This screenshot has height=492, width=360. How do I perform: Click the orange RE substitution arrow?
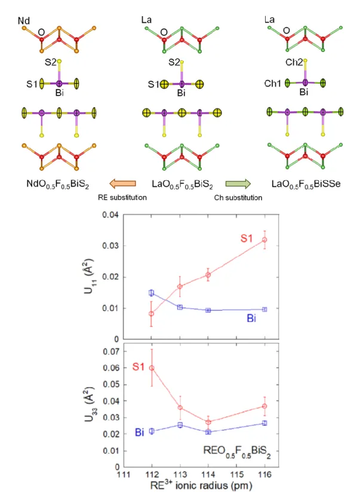click(123, 183)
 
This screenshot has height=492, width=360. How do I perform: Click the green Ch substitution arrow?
click(238, 183)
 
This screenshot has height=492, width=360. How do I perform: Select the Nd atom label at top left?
click(24, 21)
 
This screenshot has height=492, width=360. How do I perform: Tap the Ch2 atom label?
click(294, 63)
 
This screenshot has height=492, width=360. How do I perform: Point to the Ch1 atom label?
click(272, 84)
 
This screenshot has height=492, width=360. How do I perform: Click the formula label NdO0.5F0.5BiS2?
click(58, 184)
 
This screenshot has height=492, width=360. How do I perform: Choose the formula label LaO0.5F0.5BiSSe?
click(306, 184)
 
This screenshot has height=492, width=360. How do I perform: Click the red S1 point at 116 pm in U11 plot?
click(264, 239)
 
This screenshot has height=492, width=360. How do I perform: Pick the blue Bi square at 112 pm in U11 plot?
click(151, 293)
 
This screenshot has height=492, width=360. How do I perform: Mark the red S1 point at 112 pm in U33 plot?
click(152, 368)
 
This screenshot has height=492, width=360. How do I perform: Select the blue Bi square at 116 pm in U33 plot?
click(264, 423)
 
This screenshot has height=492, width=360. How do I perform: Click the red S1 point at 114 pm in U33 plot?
click(208, 422)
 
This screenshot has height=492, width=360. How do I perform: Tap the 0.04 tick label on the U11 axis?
click(110, 215)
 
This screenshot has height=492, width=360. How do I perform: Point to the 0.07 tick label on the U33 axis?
click(111, 352)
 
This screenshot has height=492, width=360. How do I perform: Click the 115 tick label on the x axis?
click(236, 475)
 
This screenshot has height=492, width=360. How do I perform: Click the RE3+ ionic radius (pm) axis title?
click(201, 485)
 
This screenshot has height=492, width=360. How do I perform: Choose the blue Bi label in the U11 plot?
click(251, 318)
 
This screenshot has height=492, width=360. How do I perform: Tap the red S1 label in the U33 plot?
click(139, 366)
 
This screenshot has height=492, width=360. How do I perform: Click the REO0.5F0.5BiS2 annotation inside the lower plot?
click(237, 451)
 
